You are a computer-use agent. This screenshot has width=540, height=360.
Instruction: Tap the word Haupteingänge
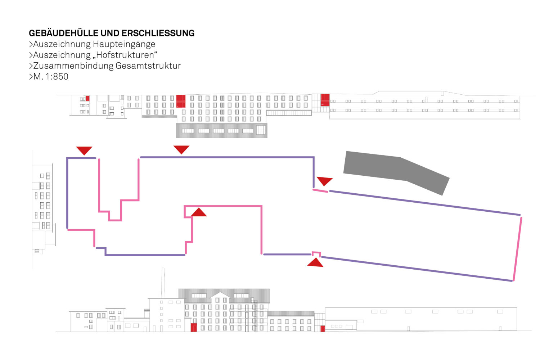pyautogui.click(x=124, y=44)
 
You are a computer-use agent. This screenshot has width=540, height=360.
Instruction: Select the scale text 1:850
pyautogui.click(x=57, y=77)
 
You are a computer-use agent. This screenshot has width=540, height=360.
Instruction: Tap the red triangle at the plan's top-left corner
pyautogui.click(x=84, y=150)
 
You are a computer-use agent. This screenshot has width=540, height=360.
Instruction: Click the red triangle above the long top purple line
pyautogui.click(x=181, y=149)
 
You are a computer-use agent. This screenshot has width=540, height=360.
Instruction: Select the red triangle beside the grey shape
pyautogui.click(x=324, y=181)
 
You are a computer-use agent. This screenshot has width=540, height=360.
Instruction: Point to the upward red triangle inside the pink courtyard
pyautogui.click(x=198, y=213)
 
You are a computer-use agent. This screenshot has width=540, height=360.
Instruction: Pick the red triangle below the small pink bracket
pyautogui.click(x=315, y=262)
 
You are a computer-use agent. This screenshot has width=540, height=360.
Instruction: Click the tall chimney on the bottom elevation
pyautogui.click(x=163, y=283)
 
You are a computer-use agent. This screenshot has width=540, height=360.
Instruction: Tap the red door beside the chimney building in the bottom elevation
pyautogui.click(x=194, y=327)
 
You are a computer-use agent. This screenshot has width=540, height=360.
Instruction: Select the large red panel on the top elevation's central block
pyautogui.click(x=181, y=101)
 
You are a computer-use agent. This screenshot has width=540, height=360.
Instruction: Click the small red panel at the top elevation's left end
pyautogui.click(x=87, y=98)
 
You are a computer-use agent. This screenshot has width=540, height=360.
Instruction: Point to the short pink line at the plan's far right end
pyautogui.click(x=517, y=248)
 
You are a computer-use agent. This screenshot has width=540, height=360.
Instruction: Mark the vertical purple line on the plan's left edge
pyautogui.click(x=67, y=193)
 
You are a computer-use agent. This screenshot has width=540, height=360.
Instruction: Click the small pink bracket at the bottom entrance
pyautogui.click(x=316, y=254)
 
